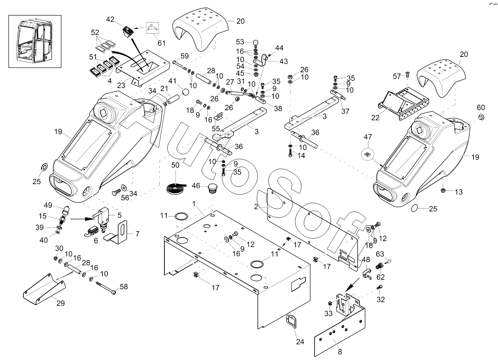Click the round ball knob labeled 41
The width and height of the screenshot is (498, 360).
point(185,92)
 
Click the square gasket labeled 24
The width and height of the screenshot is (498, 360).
point(292,321)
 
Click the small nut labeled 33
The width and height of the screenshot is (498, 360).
point(329,303)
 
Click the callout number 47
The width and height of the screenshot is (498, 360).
point(368,138)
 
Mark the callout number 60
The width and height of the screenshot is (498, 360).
point(481,107)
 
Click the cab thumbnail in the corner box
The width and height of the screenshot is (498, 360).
point(35,41)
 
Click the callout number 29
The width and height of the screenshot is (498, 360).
point(60,303)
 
